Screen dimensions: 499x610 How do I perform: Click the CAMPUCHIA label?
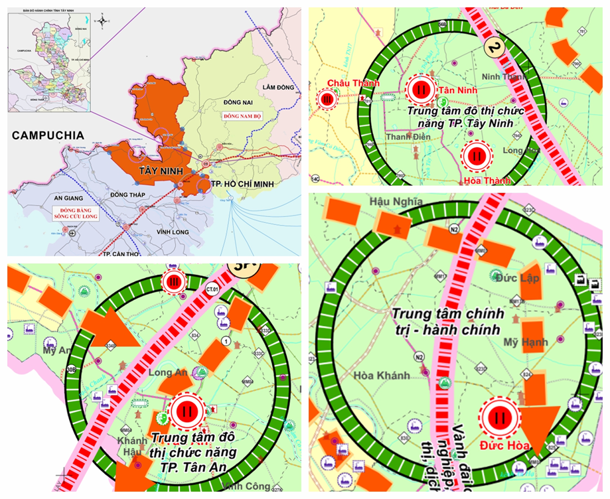(x=48, y=135)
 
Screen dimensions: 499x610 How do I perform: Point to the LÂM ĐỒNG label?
(x=277, y=88)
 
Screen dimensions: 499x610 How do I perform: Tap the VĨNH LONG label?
(x=174, y=232)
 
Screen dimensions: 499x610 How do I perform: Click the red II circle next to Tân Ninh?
(x=419, y=89)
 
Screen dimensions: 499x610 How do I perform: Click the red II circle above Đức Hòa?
(x=498, y=418)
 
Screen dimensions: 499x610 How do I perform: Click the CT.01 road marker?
(x=212, y=289)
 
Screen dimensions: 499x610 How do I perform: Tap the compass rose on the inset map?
(x=102, y=21)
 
